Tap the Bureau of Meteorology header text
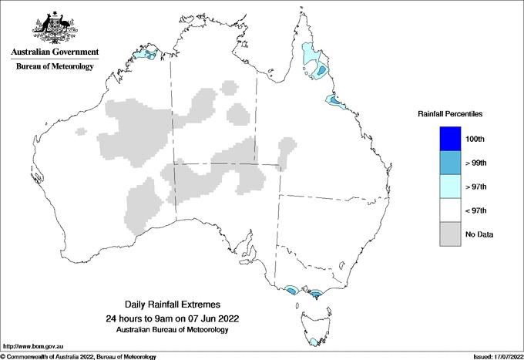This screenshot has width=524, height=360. click(55, 67)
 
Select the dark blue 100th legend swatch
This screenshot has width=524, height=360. click(451, 139)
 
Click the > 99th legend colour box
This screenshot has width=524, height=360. click(451, 163)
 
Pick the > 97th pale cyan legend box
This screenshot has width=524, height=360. click(451, 187)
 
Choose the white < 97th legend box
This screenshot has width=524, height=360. click(451, 210)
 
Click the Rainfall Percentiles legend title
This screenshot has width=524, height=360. click(450, 114)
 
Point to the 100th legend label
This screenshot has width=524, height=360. click(475, 139)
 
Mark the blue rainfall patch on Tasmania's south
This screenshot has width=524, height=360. click(313, 341)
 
